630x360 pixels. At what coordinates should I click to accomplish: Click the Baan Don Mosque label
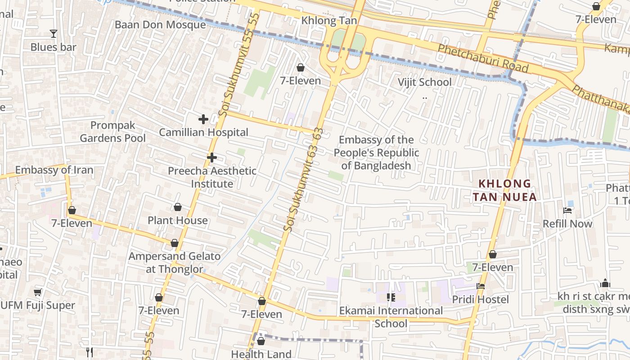coord(160,24)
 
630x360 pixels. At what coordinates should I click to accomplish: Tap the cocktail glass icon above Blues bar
coord(54,34)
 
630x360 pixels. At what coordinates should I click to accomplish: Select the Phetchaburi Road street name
coord(483,58)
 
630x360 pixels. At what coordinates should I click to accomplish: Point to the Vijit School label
coord(424,82)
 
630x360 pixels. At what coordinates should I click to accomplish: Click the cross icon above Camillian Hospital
coord(203,119)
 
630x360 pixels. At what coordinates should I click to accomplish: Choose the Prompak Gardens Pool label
coord(112,131)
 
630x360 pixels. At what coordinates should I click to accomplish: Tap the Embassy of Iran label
coord(54,170)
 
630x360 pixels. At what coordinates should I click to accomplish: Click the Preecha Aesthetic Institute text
coord(212,177)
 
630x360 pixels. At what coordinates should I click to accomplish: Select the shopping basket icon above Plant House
coord(178,207)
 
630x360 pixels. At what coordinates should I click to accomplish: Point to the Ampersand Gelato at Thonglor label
coord(175,262)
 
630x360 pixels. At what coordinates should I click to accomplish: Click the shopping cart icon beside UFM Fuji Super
coord(38,292)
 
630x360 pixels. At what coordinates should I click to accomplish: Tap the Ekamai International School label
coord(391,317)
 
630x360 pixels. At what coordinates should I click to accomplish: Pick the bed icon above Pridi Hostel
coord(481,286)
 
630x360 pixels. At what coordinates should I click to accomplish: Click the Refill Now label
coord(567,224)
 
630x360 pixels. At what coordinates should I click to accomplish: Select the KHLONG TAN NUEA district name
coord(504,190)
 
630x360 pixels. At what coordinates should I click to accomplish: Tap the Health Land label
coord(261,354)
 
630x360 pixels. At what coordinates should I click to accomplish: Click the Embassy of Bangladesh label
coord(376,153)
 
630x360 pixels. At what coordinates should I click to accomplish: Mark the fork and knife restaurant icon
coord(90,352)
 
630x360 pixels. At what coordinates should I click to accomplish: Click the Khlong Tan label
coord(329,20)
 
